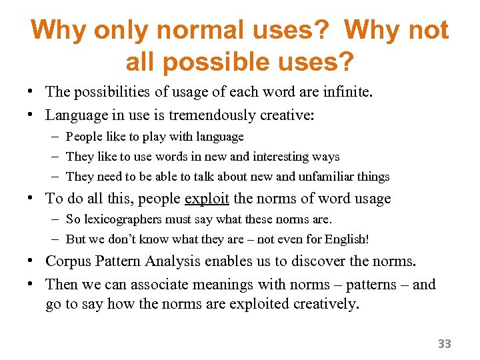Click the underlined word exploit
point(206,199)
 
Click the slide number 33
point(444,344)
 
